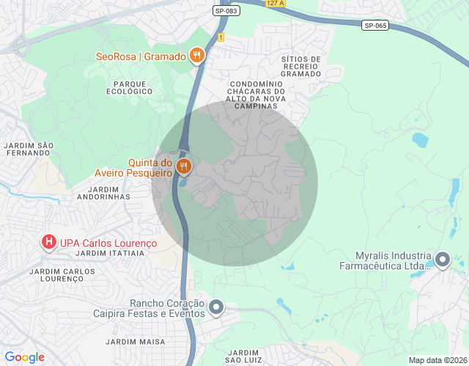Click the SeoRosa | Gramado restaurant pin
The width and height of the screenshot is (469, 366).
click(196, 55)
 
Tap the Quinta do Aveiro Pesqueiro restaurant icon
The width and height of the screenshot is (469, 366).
click(184, 166)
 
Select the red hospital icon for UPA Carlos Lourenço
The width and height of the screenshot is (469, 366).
click(49, 241)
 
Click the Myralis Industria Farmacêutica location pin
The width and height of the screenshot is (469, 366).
click(443, 259)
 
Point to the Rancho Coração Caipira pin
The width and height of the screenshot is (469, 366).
click(216, 307)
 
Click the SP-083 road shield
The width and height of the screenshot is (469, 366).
click(226, 11)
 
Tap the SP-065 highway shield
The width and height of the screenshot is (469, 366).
click(374, 26)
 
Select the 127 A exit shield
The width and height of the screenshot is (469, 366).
click(275, 3)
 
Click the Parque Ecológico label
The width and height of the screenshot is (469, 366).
click(129, 87)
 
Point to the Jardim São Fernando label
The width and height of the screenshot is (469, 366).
click(29, 149)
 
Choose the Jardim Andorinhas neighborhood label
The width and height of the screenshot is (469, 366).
click(103, 193)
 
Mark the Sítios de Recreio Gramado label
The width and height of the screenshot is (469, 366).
click(300, 67)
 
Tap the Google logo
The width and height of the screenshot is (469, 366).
click(24, 357)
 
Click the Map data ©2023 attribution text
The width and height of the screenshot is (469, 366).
click(437, 360)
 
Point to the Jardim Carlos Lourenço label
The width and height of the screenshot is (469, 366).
click(62, 275)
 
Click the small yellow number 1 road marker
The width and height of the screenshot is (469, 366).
click(220, 37)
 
